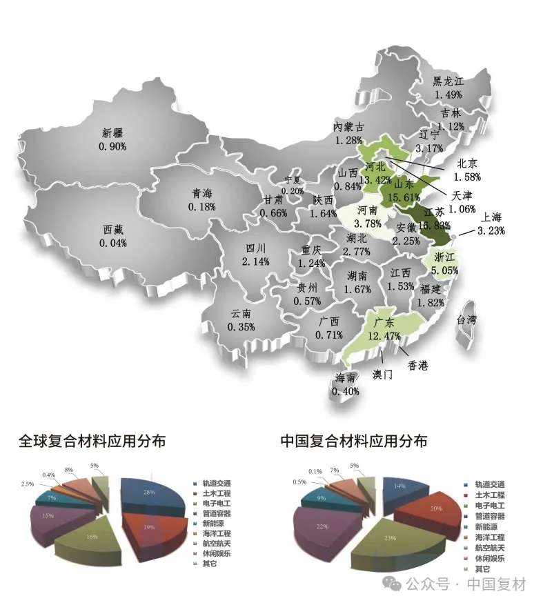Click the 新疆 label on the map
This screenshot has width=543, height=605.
tap(112, 133)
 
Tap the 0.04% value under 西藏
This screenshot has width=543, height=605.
tap(112, 243)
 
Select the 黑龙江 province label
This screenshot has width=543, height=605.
tap(448, 81)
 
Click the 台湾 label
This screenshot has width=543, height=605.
tap(471, 320)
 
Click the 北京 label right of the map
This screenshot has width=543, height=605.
tap(467, 164)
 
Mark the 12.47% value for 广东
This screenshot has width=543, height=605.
tap(384, 335)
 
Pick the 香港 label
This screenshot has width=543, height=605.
tap(418, 365)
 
